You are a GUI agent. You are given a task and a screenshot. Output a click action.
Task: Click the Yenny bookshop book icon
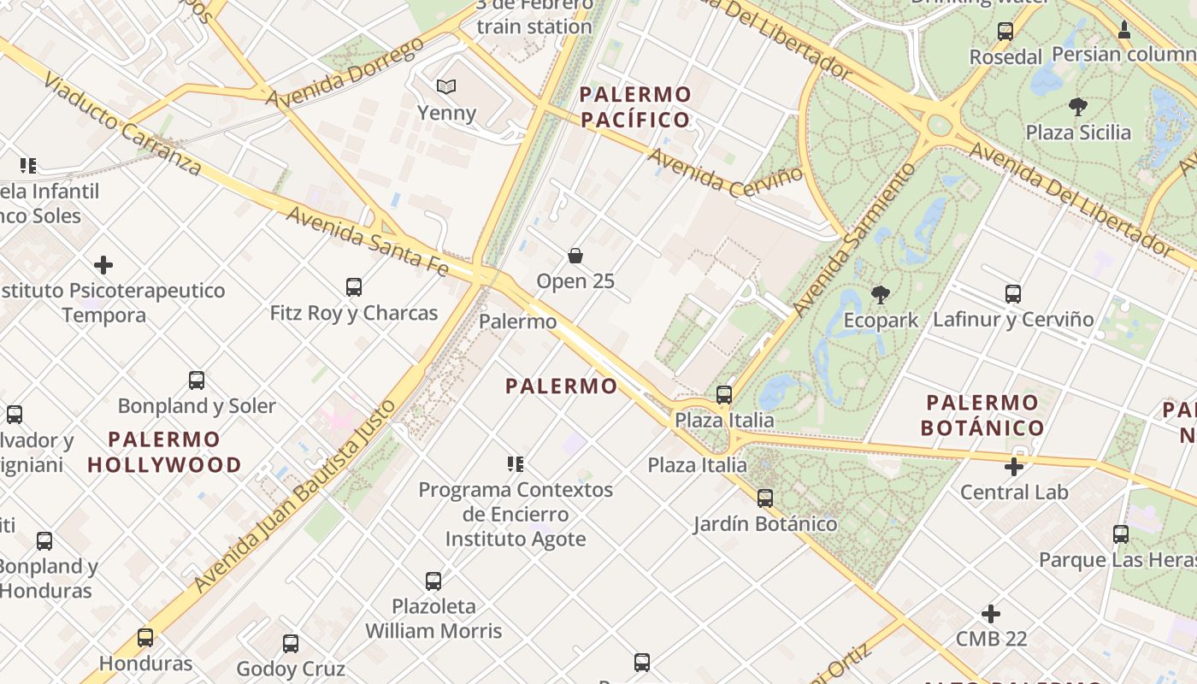pos(446,86)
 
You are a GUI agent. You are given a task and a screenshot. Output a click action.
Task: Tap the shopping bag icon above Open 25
pos(575,256)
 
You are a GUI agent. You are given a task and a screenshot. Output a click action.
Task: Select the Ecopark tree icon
pos(880,296)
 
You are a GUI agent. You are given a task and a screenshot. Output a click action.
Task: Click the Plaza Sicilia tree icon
pos(1078,107)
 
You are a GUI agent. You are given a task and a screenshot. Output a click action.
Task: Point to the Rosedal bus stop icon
pos(1005,32)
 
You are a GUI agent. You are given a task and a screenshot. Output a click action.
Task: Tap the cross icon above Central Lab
pos(1014,467)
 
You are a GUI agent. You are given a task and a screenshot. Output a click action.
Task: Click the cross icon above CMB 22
pos(991,614)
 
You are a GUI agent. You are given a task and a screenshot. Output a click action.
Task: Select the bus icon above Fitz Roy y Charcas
pos(354,287)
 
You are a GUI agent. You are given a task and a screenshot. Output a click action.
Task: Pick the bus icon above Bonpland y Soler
pos(197,380)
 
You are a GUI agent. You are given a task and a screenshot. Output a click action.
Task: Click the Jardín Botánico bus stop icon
pos(765,498)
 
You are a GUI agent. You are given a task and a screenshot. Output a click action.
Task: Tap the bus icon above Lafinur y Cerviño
pos(1013,294)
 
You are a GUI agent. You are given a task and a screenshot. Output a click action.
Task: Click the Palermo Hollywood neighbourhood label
pos(164,452)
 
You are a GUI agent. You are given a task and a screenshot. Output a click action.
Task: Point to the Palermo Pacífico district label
pos(635,107)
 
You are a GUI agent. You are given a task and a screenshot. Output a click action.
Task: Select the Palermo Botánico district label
pos(982,415)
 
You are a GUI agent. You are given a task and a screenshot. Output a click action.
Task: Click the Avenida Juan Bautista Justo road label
pos(295,496)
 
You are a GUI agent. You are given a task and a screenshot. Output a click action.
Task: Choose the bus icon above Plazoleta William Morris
pos(433,581)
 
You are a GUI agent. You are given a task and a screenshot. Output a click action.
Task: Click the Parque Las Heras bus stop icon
pos(1121,535)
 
